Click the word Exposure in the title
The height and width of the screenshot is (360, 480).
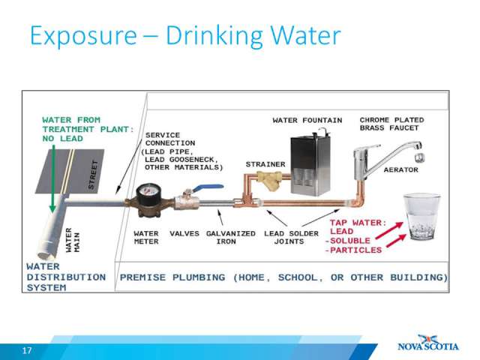[83, 37]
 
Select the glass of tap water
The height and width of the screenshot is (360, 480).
[422, 217]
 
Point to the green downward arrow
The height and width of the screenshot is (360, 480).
[53, 178]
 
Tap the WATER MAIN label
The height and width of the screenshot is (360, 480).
[73, 240]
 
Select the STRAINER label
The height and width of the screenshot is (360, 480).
[265, 164]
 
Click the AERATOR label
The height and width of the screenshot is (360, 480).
[401, 170]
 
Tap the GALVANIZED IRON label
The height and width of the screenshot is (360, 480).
[231, 238]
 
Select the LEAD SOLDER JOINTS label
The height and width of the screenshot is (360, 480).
[291, 238]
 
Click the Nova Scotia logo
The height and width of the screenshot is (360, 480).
[428, 343]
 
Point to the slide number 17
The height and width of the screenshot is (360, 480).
[27, 350]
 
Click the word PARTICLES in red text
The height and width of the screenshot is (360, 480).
[355, 250]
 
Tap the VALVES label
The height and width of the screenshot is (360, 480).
[184, 233]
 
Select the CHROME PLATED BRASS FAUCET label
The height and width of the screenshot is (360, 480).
[391, 124]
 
